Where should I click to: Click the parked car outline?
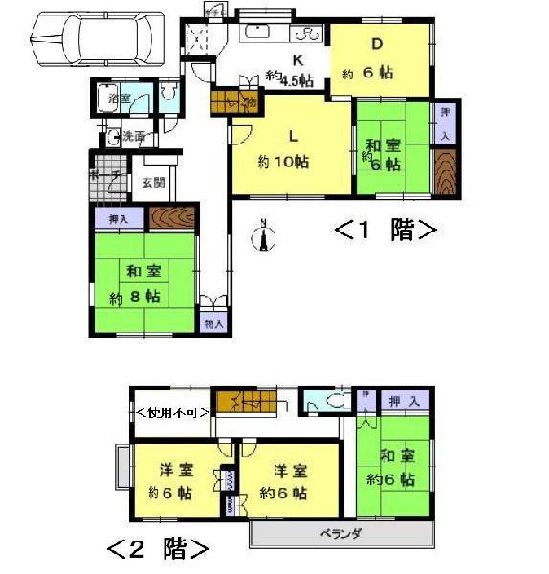pyautogui.click(x=90, y=39)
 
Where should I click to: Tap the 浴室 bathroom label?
pyautogui.click(x=118, y=99)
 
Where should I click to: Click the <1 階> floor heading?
pyautogui.click(x=385, y=231)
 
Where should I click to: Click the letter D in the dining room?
pyautogui.click(x=377, y=44)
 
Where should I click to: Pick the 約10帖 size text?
pyautogui.click(x=283, y=163)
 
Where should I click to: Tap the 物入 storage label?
pyautogui.click(x=212, y=324)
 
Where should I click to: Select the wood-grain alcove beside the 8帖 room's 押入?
pyautogui.click(x=173, y=217)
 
